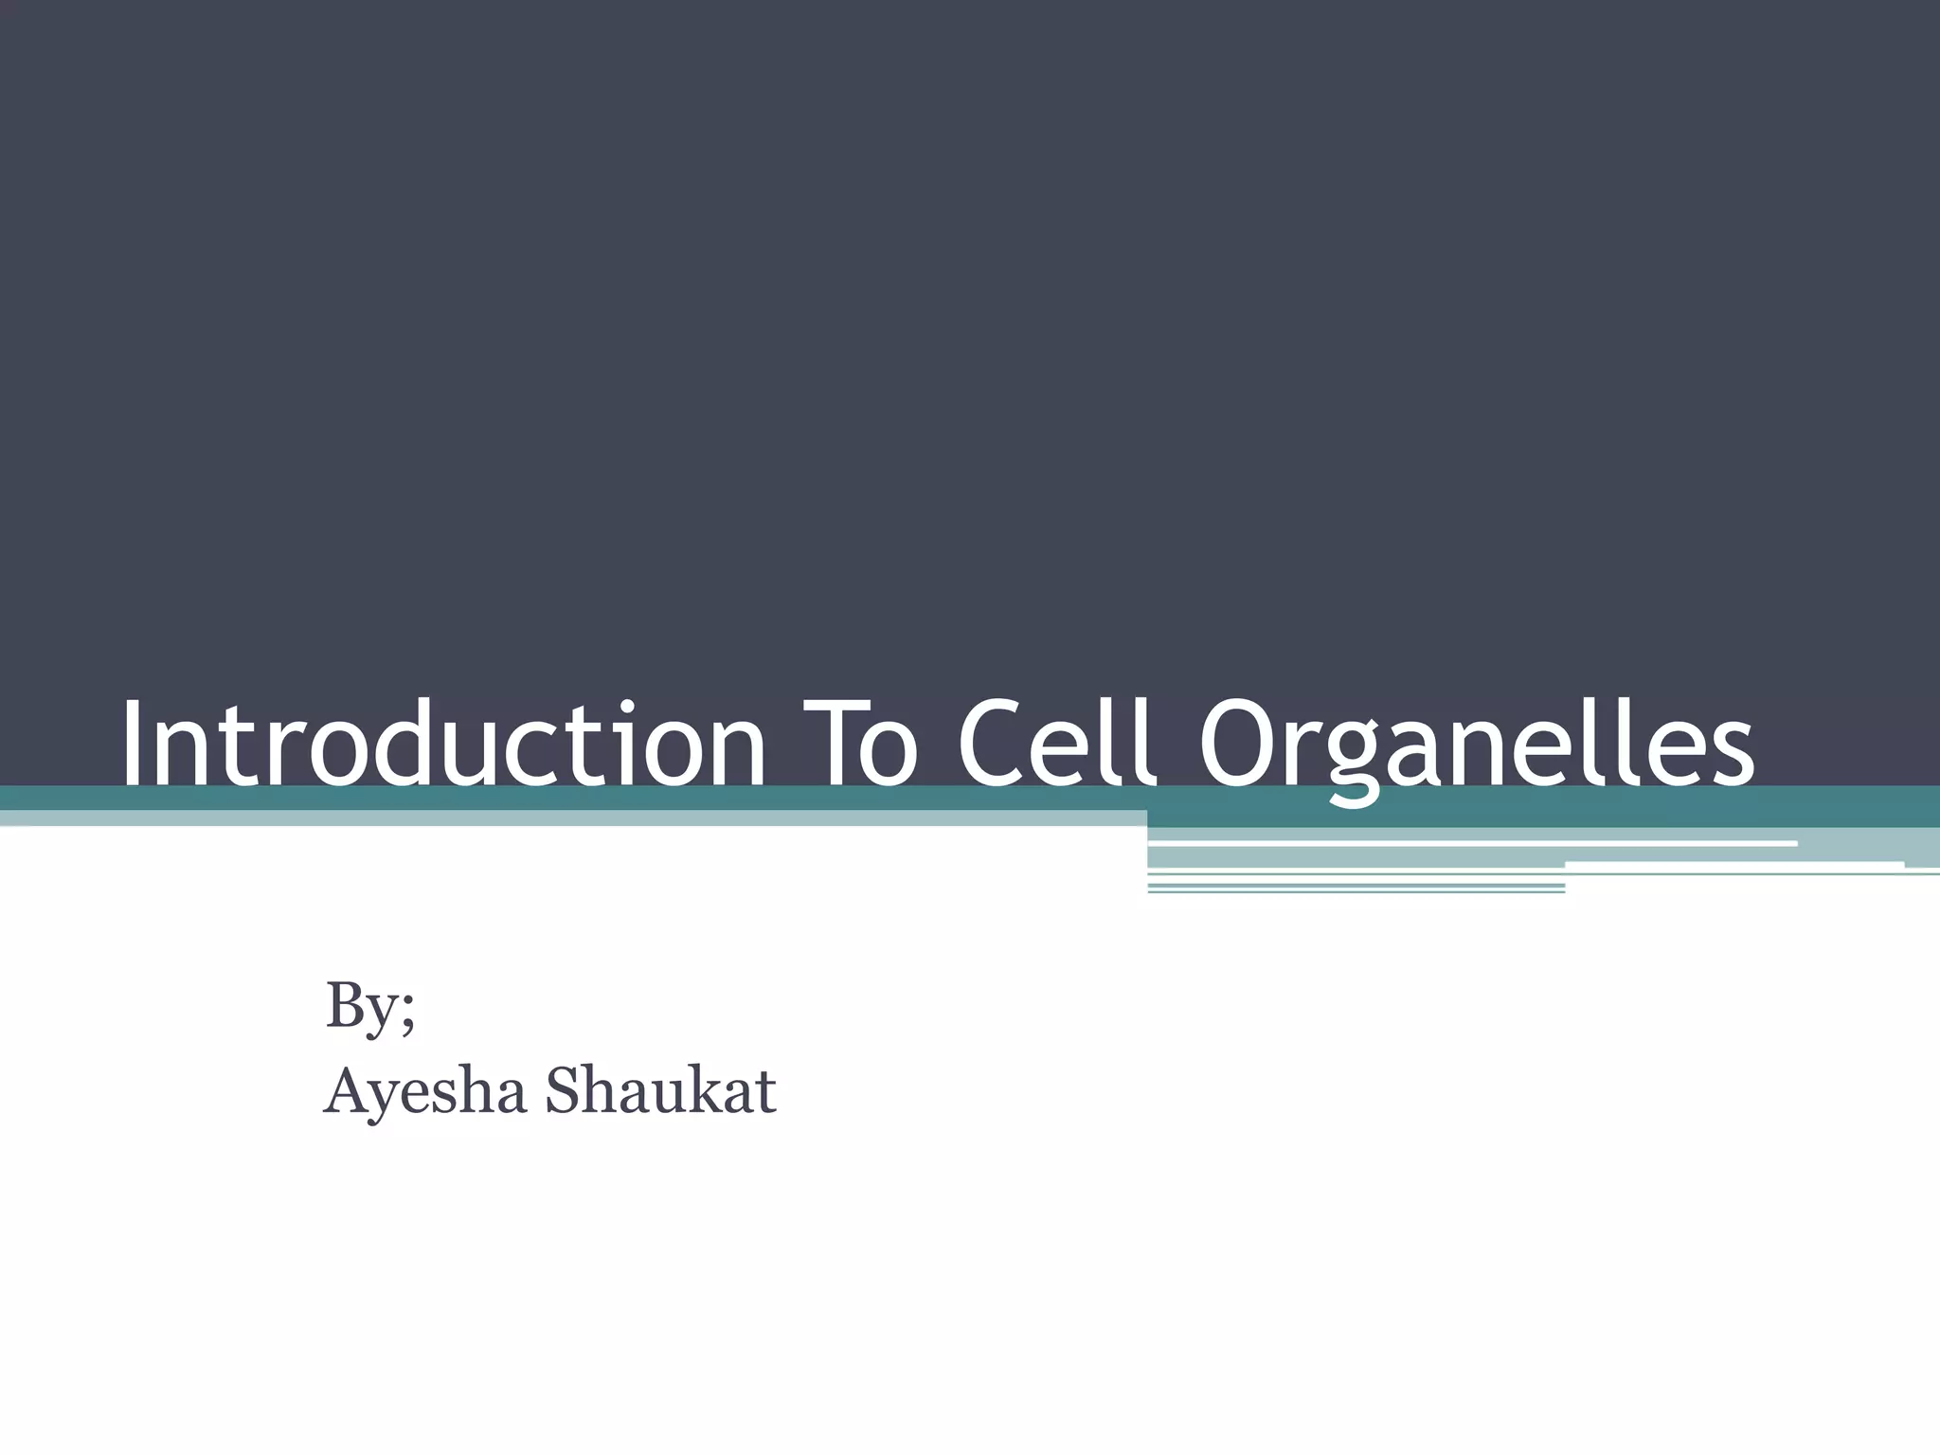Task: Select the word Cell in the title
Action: (1059, 743)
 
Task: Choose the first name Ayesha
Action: (425, 1091)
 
